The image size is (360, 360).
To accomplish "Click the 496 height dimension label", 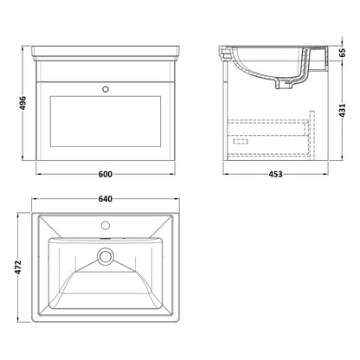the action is (22, 103).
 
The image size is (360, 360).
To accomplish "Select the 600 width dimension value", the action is (106, 174).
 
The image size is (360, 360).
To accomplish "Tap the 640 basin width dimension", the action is (106, 199).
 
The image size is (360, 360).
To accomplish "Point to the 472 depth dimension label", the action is (18, 267).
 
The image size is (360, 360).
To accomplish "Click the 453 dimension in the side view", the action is (276, 174).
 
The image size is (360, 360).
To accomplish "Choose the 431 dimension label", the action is (342, 110).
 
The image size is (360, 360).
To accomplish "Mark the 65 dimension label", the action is (342, 53).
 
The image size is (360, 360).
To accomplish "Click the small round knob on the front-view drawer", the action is (106, 89).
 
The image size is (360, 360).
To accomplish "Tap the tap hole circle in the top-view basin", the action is (106, 225).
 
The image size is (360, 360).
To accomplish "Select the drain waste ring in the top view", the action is (106, 256).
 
